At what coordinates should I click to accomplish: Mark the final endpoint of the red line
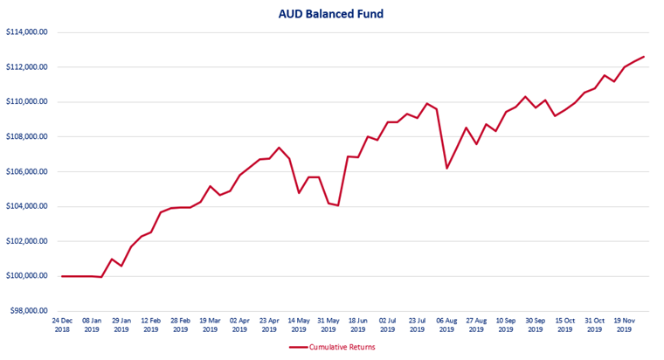click(644, 57)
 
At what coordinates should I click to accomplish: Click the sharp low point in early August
click(446, 168)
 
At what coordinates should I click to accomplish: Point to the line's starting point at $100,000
click(62, 276)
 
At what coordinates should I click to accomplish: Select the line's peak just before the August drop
click(427, 104)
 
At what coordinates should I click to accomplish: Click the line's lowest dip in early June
click(338, 205)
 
